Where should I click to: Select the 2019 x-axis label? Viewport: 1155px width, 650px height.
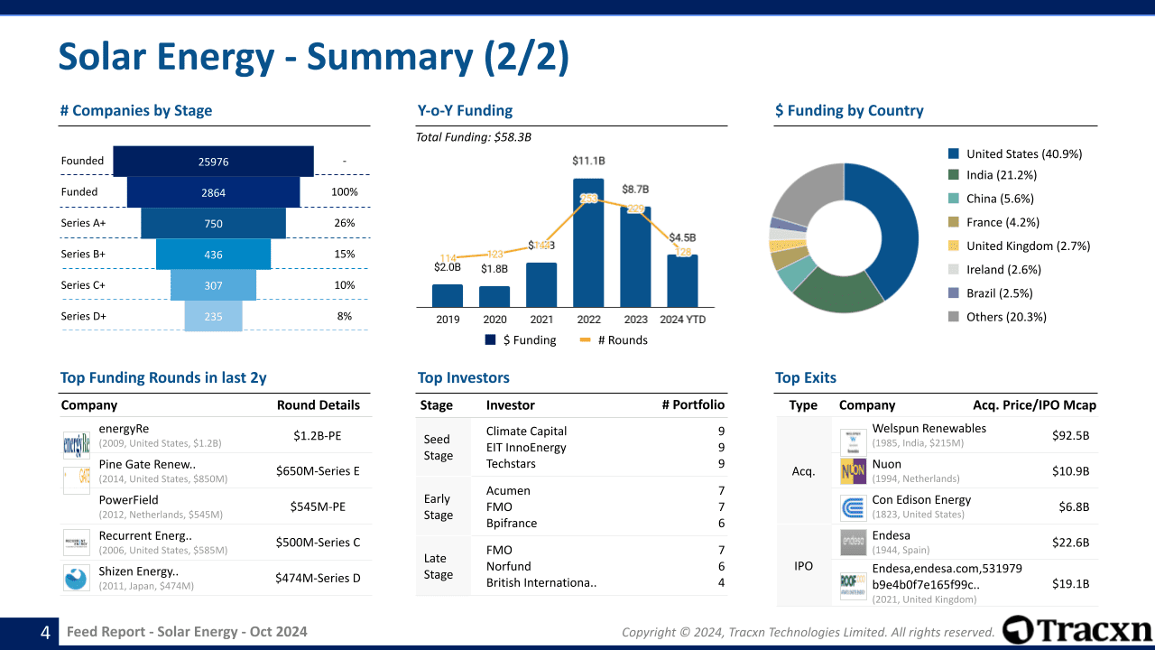(448, 320)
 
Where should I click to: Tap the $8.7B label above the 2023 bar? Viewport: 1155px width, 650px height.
(634, 190)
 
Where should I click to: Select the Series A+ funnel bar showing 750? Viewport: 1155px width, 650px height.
(213, 224)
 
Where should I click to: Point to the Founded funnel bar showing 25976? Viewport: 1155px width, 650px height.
(213, 162)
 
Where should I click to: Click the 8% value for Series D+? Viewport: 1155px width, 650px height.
(345, 317)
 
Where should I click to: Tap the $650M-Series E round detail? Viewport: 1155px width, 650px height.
(318, 470)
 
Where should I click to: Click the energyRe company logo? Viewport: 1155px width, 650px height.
(77, 442)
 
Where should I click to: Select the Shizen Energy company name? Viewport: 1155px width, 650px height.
(138, 571)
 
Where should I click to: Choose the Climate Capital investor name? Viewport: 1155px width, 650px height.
(526, 431)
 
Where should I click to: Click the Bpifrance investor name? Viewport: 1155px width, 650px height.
(511, 524)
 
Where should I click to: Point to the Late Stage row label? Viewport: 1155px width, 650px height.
(439, 566)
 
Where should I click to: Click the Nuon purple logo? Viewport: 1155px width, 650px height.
(853, 470)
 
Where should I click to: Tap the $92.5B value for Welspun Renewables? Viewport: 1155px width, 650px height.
(1070, 435)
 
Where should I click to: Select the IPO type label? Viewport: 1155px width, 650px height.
(803, 566)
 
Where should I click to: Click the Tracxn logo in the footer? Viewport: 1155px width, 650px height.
(1077, 630)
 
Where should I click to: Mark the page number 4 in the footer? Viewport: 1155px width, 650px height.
(45, 633)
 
